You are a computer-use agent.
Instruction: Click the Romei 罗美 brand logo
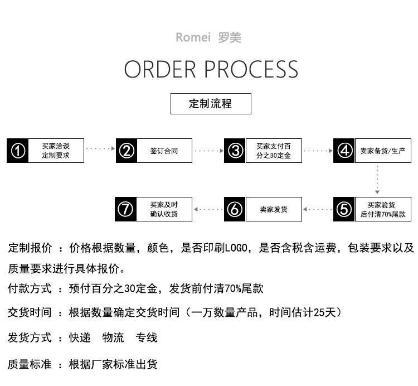(208, 37)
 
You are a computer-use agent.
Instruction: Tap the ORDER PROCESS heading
(211, 69)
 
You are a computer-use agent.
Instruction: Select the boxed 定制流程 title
(211, 104)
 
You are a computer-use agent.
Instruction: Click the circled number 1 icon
(18, 151)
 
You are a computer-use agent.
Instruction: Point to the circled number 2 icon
(127, 151)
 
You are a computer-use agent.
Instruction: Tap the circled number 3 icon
(235, 151)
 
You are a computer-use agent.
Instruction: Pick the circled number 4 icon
(344, 151)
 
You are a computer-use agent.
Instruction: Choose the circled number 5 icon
(344, 209)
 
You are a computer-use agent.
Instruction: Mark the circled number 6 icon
(235, 209)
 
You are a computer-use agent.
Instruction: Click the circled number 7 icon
(125, 209)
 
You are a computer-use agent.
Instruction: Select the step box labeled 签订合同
(164, 151)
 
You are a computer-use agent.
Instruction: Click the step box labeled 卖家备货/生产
(383, 151)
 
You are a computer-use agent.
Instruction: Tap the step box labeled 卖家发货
(274, 209)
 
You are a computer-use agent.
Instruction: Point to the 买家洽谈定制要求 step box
(56, 151)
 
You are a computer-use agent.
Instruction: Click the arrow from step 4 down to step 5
(377, 180)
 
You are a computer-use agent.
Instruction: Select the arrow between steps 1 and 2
(100, 148)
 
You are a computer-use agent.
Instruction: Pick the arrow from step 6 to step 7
(208, 209)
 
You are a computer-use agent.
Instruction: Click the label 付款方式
(30, 288)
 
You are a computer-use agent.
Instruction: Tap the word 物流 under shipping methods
(113, 337)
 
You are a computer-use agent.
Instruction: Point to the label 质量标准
(30, 364)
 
